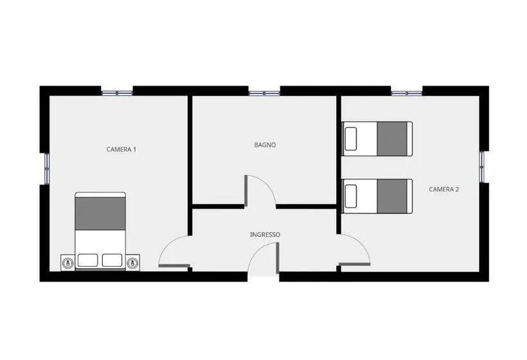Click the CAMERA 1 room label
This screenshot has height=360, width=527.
tap(121, 149)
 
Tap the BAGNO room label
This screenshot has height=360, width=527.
tap(265, 145)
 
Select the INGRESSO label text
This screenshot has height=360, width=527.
tap(265, 234)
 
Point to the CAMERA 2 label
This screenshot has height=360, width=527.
tap(443, 189)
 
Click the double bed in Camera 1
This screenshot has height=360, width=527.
tap(100, 231)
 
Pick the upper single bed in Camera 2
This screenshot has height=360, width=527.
tap(377, 139)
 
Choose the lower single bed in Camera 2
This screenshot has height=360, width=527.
tap(377, 196)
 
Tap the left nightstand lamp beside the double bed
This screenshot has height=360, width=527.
tap(68, 262)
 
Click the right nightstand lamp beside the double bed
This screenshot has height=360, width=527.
tap(133, 262)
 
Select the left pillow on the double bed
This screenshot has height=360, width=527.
tap(87, 260)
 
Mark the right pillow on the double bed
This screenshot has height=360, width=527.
tap(112, 260)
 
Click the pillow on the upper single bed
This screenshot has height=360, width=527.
tap(350, 139)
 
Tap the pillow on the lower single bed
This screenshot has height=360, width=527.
tap(350, 196)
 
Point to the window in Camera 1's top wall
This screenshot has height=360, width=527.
tap(117, 93)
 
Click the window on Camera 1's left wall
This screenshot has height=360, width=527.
tap(47, 168)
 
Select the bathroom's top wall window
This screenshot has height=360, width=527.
tap(264, 93)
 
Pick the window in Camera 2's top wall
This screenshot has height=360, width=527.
tap(407, 93)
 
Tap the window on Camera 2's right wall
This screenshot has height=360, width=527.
tap(482, 167)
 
